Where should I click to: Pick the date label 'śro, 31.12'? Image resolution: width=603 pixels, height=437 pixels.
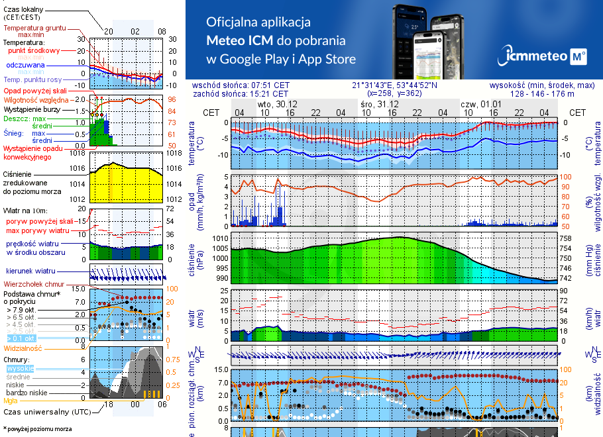380,105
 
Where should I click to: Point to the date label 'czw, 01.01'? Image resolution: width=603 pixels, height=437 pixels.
482,105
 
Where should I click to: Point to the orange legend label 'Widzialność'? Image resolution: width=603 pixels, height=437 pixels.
23,348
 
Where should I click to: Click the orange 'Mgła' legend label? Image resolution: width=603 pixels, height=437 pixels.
11,401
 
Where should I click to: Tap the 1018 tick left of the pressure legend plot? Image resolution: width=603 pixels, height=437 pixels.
78,153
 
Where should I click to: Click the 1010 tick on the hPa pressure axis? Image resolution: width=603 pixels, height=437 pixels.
219,238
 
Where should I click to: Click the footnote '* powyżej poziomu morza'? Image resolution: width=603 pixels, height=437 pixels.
38,429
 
